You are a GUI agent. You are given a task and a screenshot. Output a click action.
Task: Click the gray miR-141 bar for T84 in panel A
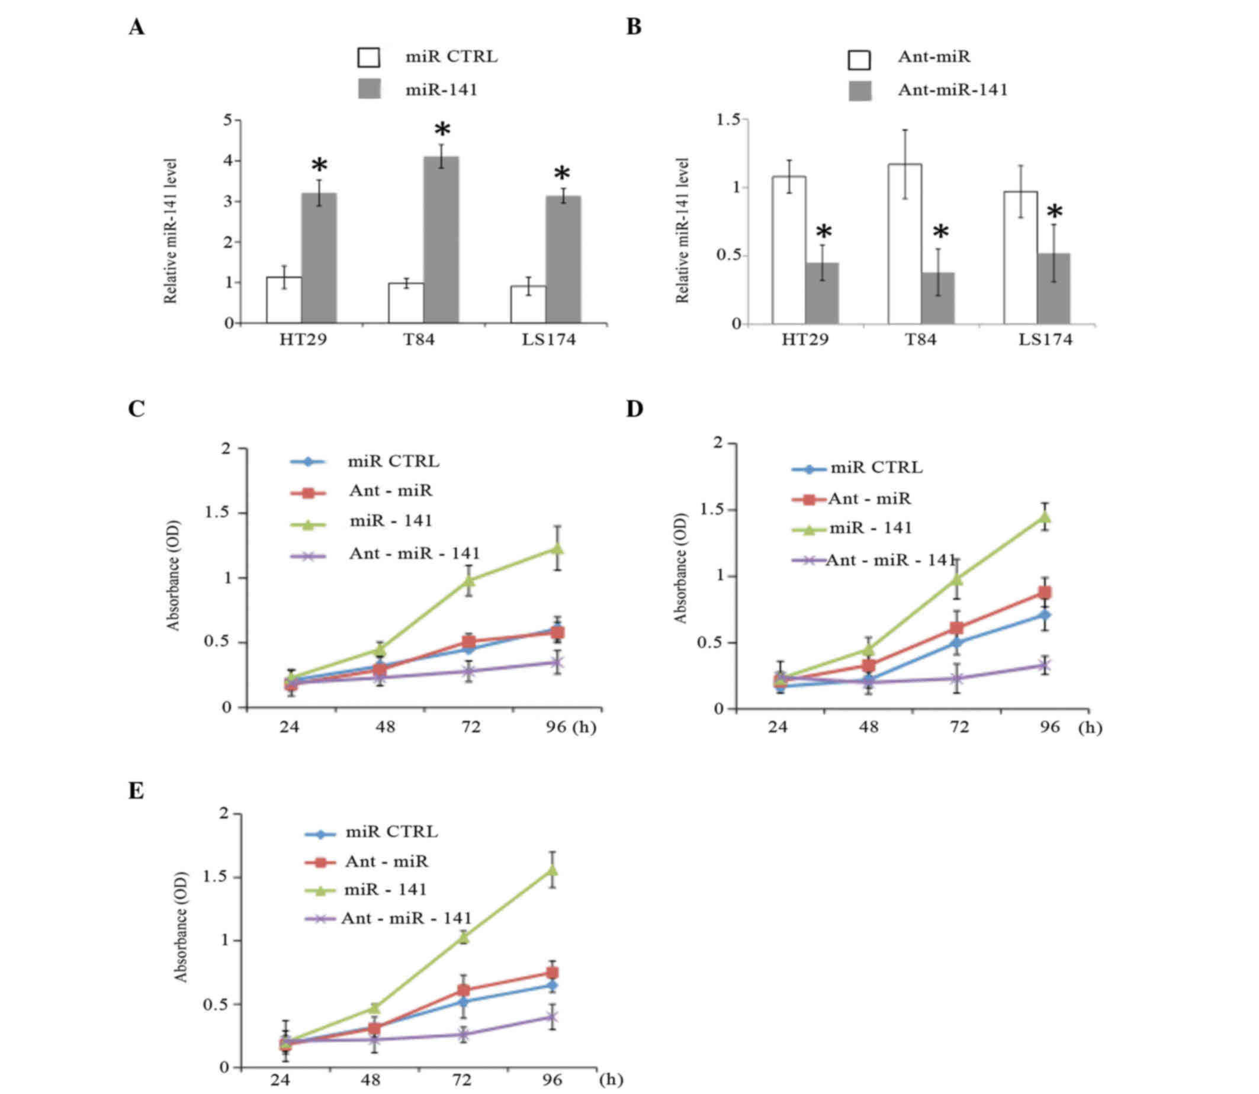click(x=441, y=239)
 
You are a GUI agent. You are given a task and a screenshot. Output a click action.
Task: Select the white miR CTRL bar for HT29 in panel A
click(x=284, y=300)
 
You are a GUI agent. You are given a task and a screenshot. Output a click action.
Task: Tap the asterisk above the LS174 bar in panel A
click(x=562, y=175)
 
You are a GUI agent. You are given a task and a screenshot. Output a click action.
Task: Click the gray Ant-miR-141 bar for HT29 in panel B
click(x=822, y=293)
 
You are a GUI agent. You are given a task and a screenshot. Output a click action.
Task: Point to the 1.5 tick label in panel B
click(x=728, y=120)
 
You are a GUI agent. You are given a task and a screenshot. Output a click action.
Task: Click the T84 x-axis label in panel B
click(x=920, y=339)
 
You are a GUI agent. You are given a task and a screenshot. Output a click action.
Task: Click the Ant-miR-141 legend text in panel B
click(x=952, y=90)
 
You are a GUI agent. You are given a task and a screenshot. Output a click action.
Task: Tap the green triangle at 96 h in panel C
click(x=557, y=548)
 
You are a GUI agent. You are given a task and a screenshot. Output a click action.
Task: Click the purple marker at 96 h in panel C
click(x=557, y=662)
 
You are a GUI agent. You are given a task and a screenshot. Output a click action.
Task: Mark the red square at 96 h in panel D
click(x=1045, y=593)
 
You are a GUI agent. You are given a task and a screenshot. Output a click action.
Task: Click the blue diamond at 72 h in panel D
click(x=957, y=643)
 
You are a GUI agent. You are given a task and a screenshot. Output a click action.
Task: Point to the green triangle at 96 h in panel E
click(x=552, y=869)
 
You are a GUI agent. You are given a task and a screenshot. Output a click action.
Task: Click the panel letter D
click(x=634, y=408)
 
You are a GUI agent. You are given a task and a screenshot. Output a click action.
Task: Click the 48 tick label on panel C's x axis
click(x=385, y=726)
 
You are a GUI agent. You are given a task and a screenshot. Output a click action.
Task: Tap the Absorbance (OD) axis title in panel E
click(x=181, y=926)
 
